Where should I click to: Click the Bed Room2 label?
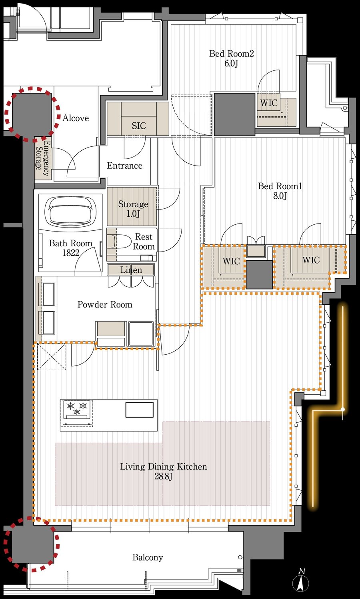[231, 58]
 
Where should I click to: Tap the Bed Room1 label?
[280, 191]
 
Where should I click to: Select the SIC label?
[139, 126]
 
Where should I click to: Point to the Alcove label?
[76, 118]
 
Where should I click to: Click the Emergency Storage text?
[43, 158]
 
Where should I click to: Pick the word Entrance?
[124, 166]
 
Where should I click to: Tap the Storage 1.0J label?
[133, 209]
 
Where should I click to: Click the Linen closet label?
[131, 270]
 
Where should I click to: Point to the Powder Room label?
[105, 304]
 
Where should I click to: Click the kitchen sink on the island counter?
[140, 410]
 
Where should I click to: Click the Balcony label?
[148, 557]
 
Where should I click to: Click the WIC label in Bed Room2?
[269, 103]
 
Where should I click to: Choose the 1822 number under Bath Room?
[71, 253]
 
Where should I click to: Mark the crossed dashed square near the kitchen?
[52, 357]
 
